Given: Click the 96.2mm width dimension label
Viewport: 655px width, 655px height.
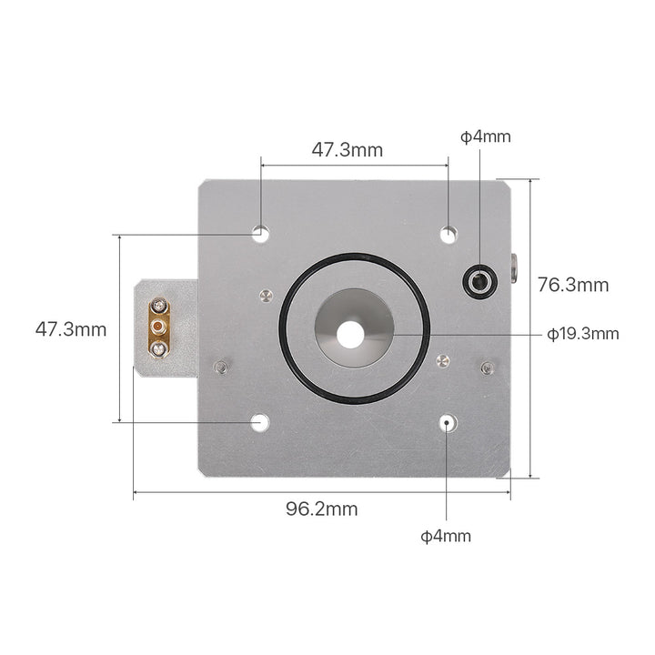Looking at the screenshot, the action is coord(322,509).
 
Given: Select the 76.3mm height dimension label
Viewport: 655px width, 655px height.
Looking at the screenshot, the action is coord(573,285).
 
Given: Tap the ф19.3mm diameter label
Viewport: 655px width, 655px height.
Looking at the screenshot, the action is coord(583,334).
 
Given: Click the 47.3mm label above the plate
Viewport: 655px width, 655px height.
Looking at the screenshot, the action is coord(348,149).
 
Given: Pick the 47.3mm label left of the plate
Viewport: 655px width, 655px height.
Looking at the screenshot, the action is coord(71,329).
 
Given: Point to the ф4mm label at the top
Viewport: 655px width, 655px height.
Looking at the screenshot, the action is coord(486,136).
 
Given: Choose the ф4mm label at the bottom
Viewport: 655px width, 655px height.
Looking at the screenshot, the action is coord(446,536).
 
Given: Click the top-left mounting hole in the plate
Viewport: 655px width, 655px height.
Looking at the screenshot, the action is coord(261,235).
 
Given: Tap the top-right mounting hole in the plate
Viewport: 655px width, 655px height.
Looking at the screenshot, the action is coord(448,235).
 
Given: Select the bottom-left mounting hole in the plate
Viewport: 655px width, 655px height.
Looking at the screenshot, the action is coord(260,422).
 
